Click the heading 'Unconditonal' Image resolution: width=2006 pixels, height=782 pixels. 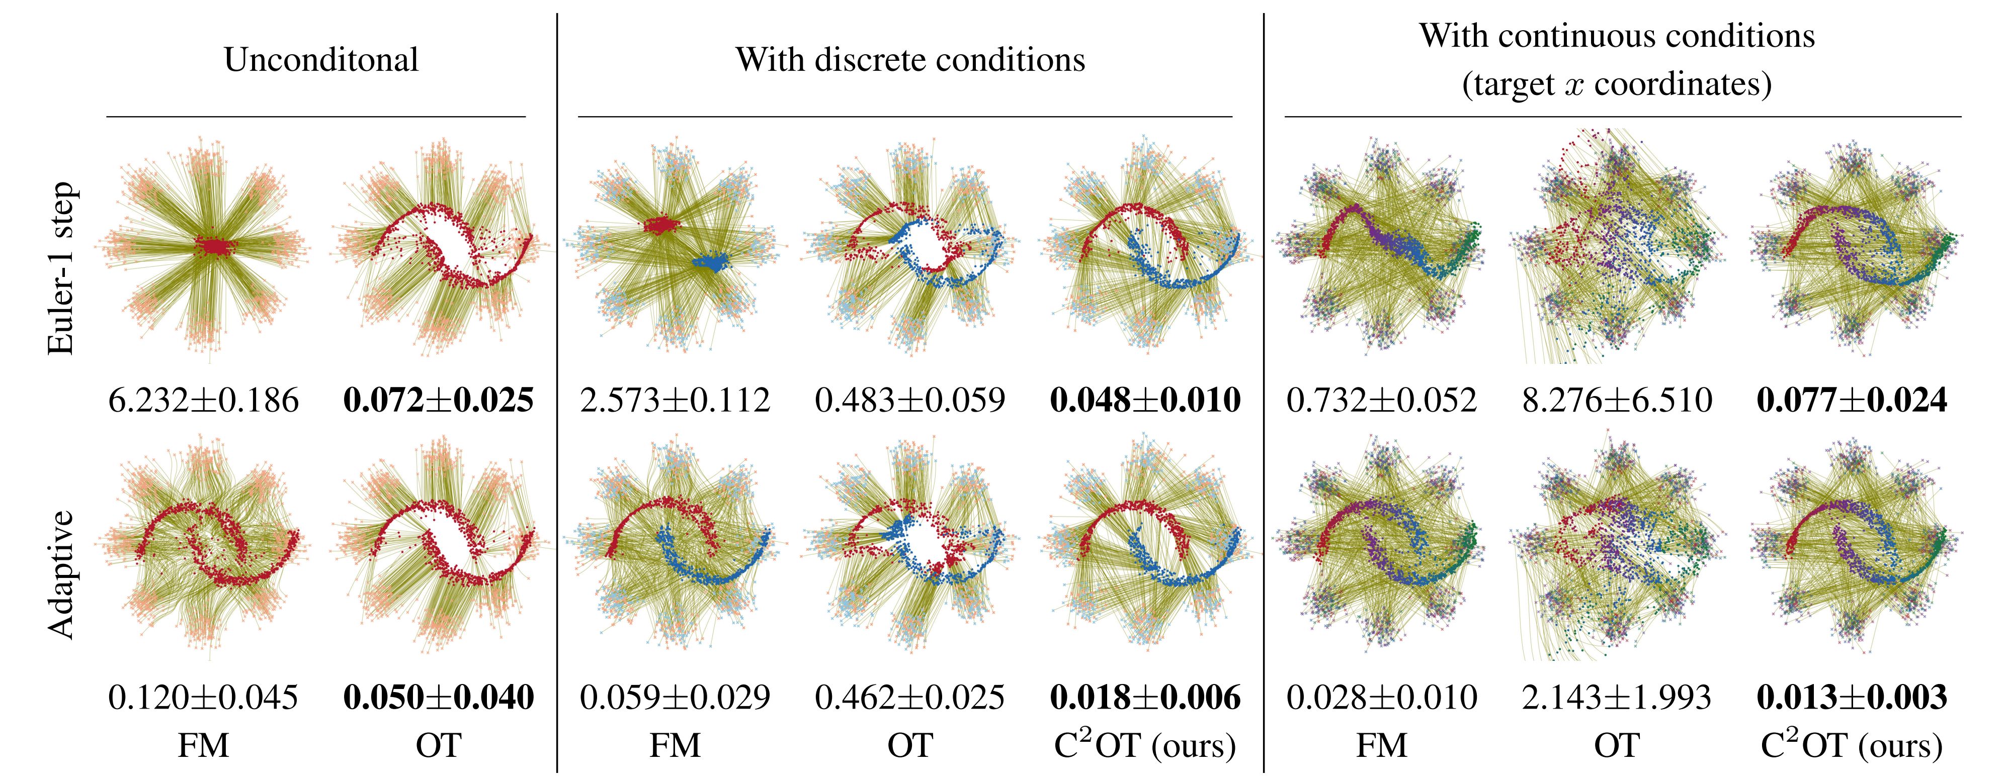pos(321,60)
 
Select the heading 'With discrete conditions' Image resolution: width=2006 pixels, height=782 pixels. pos(909,60)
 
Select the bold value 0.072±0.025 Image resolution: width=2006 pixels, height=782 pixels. pos(439,401)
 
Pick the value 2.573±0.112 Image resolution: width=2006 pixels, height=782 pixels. pos(675,401)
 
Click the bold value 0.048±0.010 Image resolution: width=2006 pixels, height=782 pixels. pos(1145,401)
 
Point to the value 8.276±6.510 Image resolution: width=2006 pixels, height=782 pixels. pos(1617,401)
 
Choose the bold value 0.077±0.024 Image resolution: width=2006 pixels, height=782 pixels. pos(1852,401)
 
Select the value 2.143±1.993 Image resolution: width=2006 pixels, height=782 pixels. pos(1617,697)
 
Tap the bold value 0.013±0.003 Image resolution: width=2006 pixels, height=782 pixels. pos(1852,697)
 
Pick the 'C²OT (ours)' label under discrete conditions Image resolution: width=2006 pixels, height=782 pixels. pos(1145,745)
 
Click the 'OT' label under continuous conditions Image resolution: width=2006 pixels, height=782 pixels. pos(1617,745)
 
